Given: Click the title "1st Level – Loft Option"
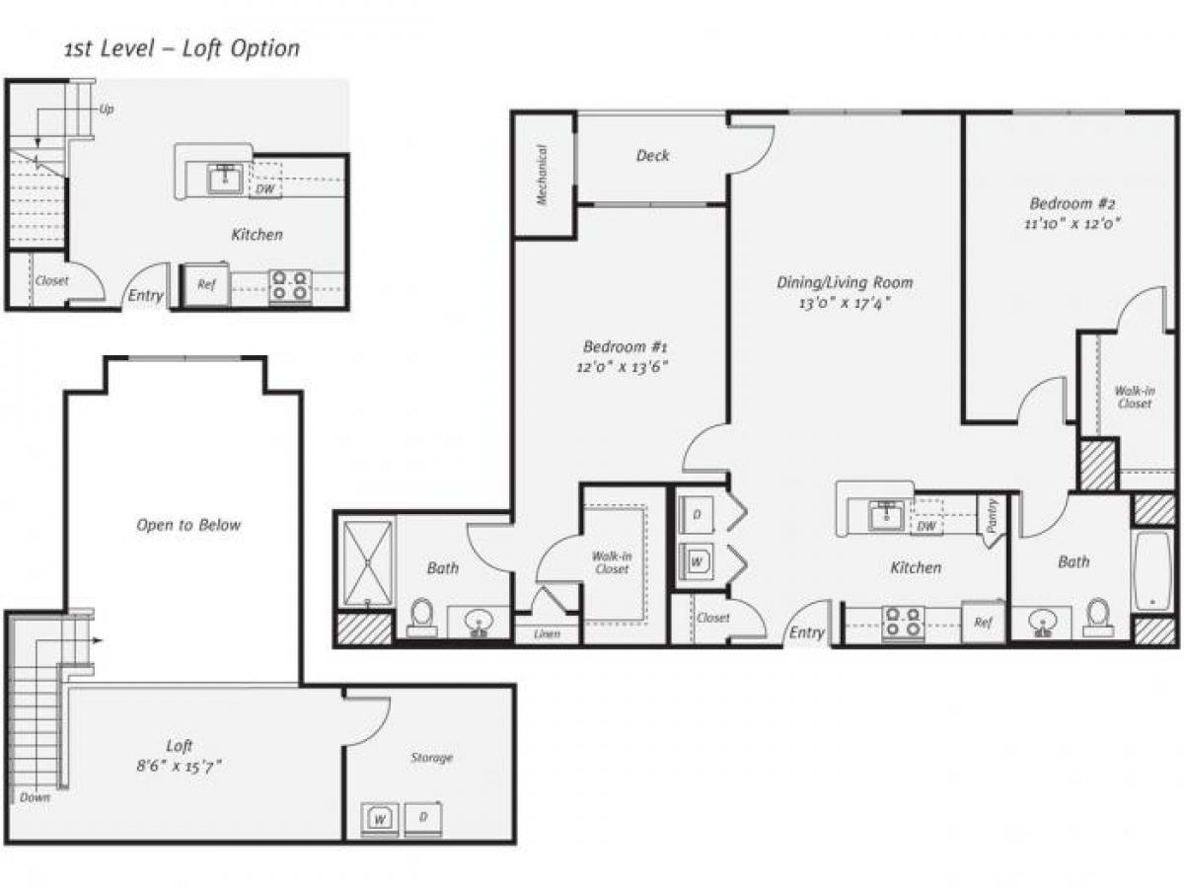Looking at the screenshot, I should pos(182,48).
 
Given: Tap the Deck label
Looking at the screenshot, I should pos(652,155).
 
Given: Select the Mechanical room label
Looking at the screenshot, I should pos(542,175).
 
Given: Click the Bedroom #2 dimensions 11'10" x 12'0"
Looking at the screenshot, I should pos(1073,223).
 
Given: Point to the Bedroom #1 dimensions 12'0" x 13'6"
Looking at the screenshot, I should pos(626,365).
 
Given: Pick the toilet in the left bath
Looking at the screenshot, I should pos(422,616).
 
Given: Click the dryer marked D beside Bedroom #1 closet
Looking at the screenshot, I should pos(697,515).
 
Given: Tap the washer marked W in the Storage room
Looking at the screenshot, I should pos(379,817).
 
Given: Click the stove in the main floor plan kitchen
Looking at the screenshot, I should pos(903,622).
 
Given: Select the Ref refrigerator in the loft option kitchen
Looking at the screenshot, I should pos(206,285).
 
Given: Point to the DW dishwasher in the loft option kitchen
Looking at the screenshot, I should pos(264,188).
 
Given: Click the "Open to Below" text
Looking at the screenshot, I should pos(187,525).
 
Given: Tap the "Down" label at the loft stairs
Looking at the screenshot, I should pos(35,796).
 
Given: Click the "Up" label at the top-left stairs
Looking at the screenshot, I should pos(107,109).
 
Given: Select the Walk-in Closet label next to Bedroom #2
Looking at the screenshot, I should pos(1134,397).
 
